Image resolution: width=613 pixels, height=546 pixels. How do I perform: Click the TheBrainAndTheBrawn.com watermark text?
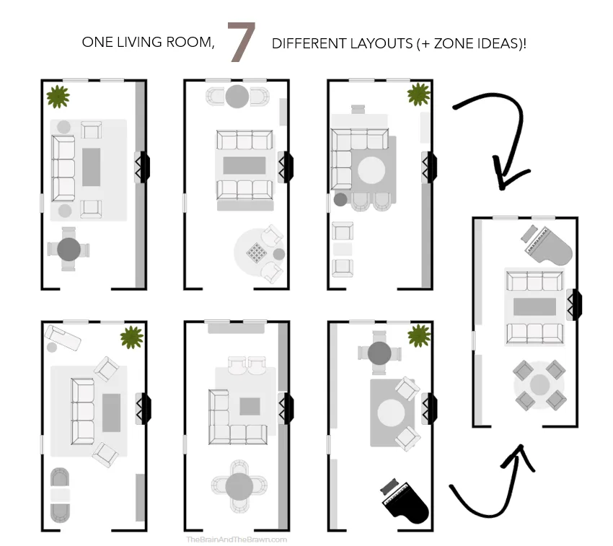tap(237, 539)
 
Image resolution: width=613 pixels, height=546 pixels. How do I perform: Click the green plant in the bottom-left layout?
tap(131, 336)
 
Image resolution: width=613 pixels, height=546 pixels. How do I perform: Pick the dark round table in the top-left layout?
tap(69, 250)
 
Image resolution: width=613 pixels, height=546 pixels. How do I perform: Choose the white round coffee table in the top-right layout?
tap(372, 171)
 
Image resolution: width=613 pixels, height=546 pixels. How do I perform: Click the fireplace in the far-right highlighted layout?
tap(574, 304)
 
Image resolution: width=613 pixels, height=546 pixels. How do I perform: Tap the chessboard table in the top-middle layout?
tap(257, 252)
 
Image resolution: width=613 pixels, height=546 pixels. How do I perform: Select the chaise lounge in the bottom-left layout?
tap(60, 337)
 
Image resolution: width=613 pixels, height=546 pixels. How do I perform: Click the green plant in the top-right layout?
tap(418, 94)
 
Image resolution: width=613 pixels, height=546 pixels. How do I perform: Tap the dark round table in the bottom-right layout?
tap(379, 353)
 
